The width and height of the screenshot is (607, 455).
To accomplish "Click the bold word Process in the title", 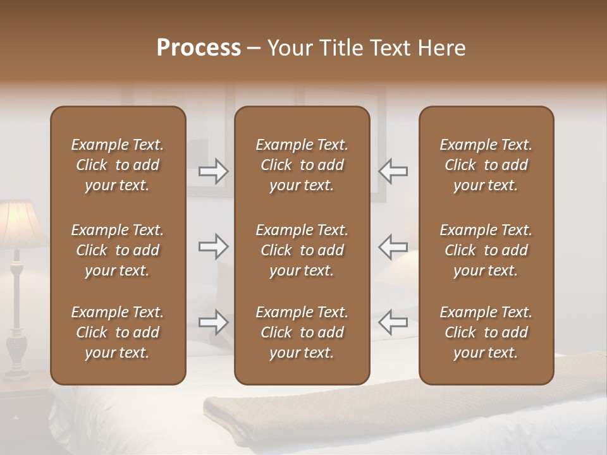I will pos(199,48).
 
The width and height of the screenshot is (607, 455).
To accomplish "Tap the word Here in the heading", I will pos(442,48).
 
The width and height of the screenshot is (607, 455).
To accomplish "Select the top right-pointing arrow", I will pos(214,171).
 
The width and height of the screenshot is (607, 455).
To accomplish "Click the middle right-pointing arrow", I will pos(214,246).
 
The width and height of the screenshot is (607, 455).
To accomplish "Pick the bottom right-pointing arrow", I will pos(214,322).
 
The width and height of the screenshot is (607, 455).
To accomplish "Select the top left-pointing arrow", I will pos(393,171).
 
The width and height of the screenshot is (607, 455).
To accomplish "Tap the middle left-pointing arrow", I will pos(393,246).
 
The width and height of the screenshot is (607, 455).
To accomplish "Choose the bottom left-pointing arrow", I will pos(393,322).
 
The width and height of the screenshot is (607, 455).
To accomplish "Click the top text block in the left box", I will pos(118,165).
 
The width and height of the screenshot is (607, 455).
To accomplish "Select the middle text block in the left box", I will pos(118,250).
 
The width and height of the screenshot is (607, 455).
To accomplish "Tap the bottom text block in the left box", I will pos(118,332).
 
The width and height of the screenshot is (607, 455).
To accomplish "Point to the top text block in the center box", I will pos(302,165).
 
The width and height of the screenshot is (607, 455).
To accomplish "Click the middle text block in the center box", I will pos(302,250).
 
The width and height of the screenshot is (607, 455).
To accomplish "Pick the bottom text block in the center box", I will pos(302,332).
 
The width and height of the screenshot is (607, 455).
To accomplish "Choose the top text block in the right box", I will pos(486,165).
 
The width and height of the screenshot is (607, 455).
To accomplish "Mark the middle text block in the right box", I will pos(486,250).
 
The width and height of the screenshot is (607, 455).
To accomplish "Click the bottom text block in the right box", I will pos(486,332).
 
